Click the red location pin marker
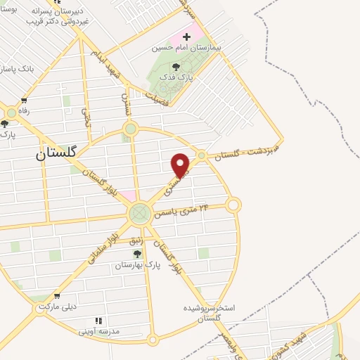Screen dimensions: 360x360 pos(181,165)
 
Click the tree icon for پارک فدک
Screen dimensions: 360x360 pos(175,66)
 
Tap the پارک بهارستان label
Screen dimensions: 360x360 pos(139,266)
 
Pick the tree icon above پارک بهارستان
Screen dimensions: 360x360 pos(138,254)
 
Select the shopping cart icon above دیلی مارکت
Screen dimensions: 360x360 pos(56,296)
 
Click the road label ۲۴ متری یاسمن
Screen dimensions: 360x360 pos(184,210)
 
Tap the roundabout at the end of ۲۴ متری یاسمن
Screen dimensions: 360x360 pos(233,205)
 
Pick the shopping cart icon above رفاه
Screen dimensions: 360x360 pos(25,101)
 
